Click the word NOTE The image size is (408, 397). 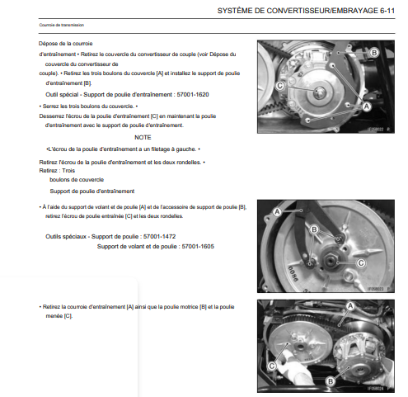click(x=143, y=137)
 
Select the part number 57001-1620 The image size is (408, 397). click(x=193, y=95)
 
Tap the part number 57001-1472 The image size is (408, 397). click(x=159, y=236)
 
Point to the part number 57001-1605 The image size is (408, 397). click(x=198, y=246)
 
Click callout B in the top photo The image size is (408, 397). click(x=374, y=52)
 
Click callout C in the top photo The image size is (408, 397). click(x=279, y=86)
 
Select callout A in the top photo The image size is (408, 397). click(x=367, y=106)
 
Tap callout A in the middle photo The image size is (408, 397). click(x=278, y=212)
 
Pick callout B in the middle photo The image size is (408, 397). click(x=314, y=229)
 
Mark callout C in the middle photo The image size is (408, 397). click(x=361, y=263)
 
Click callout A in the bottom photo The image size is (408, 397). click(x=350, y=306)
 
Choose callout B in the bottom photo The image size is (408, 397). click(x=331, y=381)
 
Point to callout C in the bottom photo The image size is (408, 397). click(x=272, y=366)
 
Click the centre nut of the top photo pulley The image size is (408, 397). click(x=320, y=92)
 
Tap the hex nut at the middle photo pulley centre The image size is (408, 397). click(x=330, y=260)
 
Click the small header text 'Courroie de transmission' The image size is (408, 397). click(x=62, y=25)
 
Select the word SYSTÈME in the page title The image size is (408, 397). click(x=232, y=11)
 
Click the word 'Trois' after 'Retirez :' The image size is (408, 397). click(x=68, y=171)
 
